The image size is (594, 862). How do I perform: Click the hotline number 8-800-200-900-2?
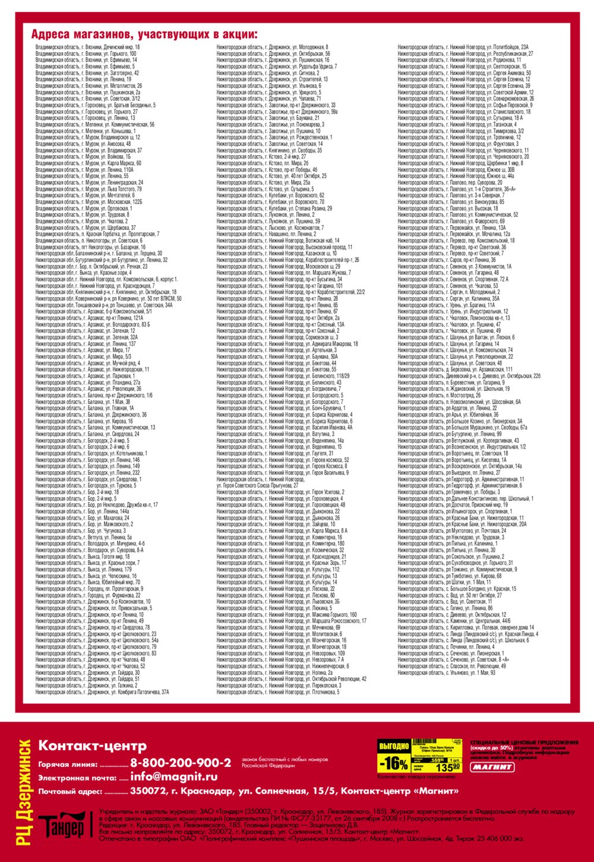point(181,763)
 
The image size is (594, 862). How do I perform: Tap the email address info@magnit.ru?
point(173,776)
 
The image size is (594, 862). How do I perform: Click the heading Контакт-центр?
point(91,746)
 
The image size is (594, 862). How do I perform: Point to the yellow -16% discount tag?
point(393,763)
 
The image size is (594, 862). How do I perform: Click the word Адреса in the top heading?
point(50,34)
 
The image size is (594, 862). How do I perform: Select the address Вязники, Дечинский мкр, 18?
point(87,47)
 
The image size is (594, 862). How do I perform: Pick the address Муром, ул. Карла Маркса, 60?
point(88,163)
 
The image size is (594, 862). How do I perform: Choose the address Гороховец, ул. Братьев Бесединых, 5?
point(95,105)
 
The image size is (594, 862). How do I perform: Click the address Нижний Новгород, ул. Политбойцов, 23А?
point(463,47)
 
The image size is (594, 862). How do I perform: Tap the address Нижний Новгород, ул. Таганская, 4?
point(457,125)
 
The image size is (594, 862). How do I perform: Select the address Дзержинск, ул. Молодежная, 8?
point(272,47)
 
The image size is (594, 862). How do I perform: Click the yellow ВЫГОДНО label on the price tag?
point(394,746)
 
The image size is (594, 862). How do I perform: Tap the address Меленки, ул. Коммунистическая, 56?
point(94,125)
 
